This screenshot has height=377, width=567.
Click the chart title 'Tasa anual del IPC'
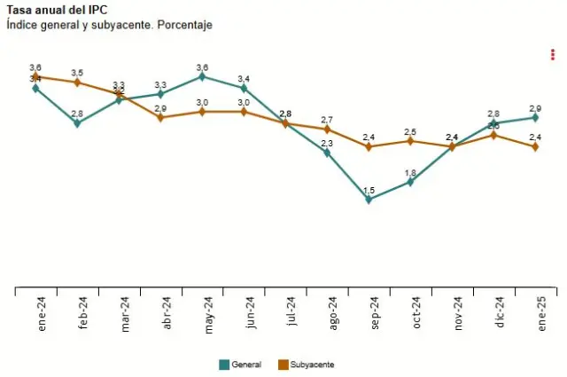tap(53, 10)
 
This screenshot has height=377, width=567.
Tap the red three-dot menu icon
tap(553, 55)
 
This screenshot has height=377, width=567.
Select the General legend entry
tap(240, 365)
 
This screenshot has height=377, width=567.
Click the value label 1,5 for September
tap(369, 191)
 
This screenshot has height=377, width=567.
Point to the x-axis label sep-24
tap(375, 312)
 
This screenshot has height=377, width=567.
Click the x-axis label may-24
tap(209, 312)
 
